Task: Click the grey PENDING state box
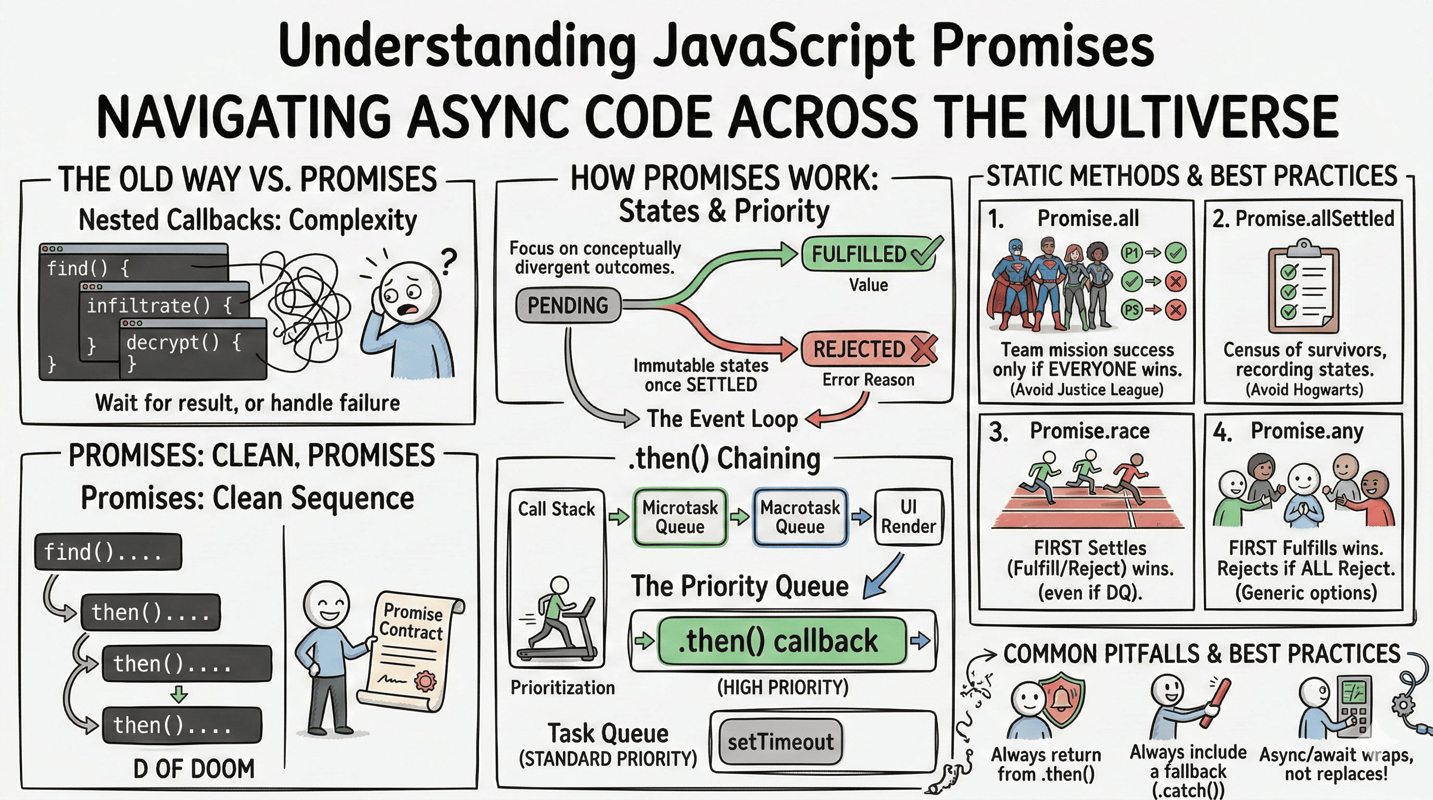click(x=568, y=305)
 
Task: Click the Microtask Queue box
click(x=680, y=517)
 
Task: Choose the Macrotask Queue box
click(x=800, y=517)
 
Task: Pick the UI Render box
click(x=909, y=517)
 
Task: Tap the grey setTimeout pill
click(x=781, y=742)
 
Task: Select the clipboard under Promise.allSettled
click(x=1303, y=289)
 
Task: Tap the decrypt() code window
click(x=192, y=348)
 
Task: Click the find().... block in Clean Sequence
click(x=108, y=552)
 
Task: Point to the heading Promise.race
click(x=1089, y=431)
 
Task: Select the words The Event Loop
click(x=722, y=419)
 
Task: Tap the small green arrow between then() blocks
click(x=179, y=694)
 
